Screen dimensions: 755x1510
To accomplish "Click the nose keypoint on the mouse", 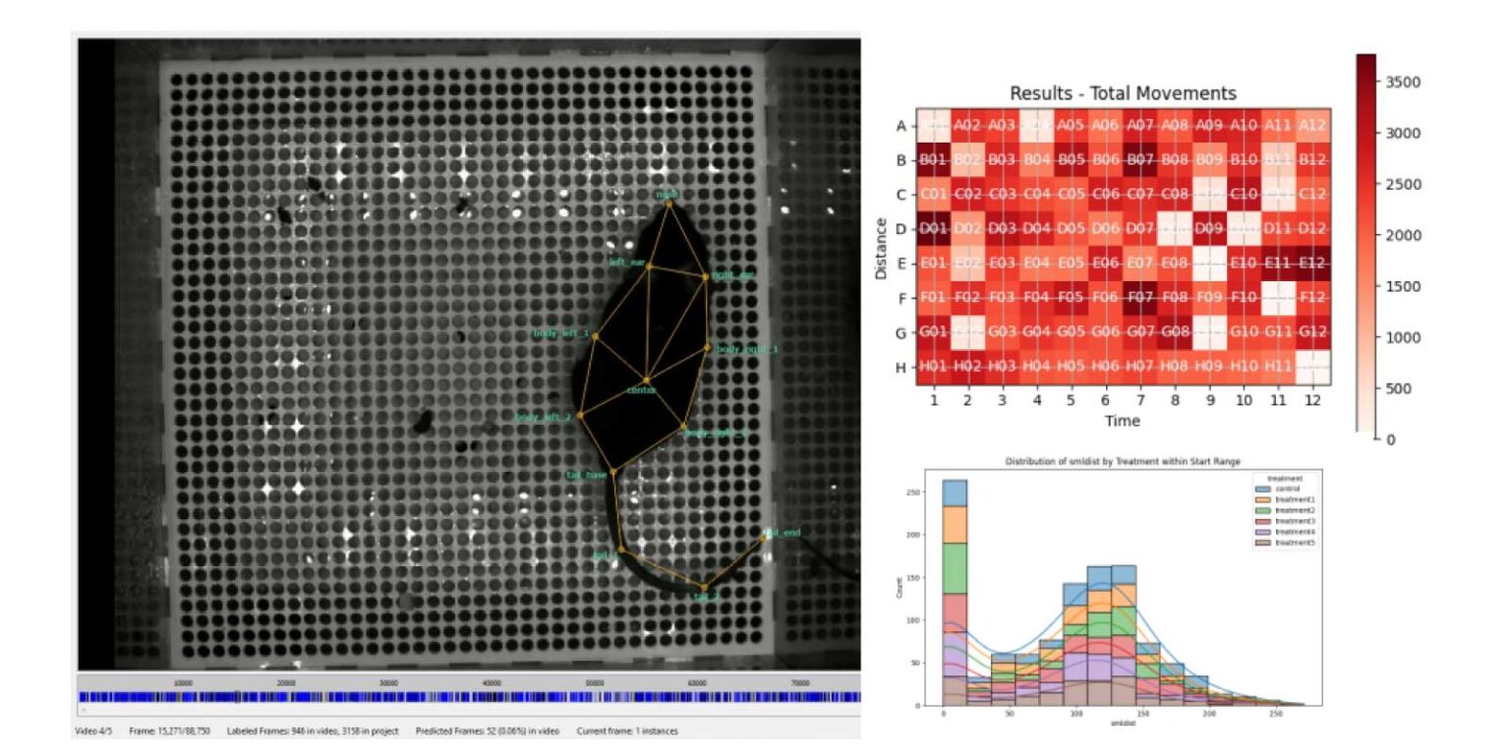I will (669, 203).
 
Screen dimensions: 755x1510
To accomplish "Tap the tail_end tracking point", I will (763, 537).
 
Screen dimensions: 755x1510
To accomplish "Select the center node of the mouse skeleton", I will (646, 380).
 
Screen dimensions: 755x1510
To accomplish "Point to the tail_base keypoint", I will (613, 472).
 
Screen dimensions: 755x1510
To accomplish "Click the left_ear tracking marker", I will (648, 265).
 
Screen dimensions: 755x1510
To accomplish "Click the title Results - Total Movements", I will (1123, 93).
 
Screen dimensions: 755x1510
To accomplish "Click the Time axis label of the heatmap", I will (1123, 421).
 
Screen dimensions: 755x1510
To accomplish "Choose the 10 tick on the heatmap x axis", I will (1243, 401).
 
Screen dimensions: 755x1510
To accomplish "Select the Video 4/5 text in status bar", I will (95, 731).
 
